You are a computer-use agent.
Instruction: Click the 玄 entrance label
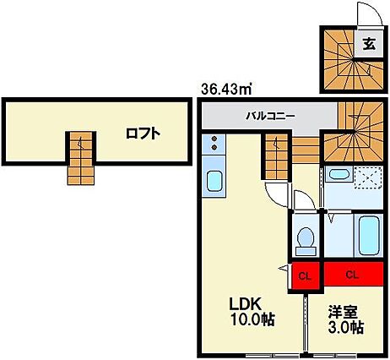pos(369,46)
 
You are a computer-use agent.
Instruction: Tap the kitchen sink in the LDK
pos(214,181)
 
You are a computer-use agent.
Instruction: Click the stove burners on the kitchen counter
pos(214,145)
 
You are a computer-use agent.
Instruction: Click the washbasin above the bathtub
pos(339,176)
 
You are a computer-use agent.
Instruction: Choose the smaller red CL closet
pos(306,275)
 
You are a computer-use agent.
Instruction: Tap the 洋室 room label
pos(345,310)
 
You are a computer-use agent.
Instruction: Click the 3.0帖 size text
pos(345,327)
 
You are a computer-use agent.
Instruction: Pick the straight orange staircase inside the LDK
pos(274,160)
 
